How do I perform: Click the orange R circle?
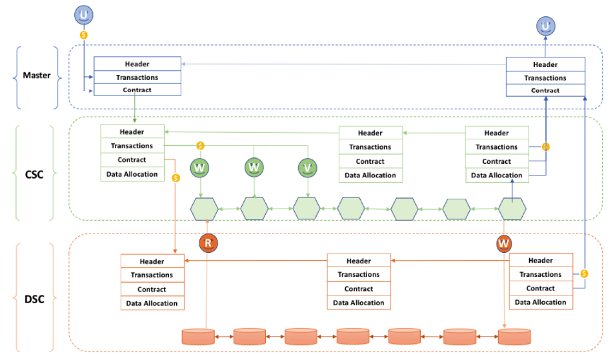(208, 243)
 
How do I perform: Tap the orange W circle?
(503, 243)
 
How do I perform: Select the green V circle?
(307, 168)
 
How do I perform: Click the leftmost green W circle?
(199, 168)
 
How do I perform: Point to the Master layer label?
(37, 75)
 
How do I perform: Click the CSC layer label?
(34, 174)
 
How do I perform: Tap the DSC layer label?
(34, 299)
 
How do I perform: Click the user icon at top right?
(546, 26)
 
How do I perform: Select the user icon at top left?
(84, 15)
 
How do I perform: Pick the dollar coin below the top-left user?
(84, 35)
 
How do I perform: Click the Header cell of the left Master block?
(137, 64)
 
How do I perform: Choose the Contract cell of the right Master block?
(545, 90)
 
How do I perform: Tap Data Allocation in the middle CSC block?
(370, 175)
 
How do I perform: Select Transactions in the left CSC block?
(132, 146)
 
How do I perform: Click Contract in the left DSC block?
(152, 289)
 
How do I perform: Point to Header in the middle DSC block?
(359, 261)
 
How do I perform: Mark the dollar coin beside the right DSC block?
(584, 274)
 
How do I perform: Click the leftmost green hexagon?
(204, 209)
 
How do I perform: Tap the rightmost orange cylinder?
(514, 337)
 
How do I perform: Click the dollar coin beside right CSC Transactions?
(546, 147)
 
